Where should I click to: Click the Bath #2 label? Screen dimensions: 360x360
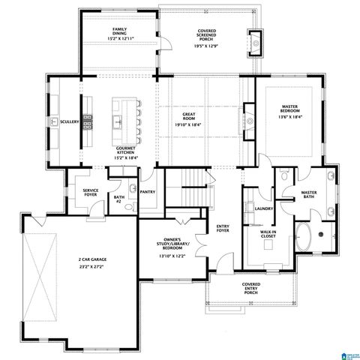pyautogui.click(x=118, y=199)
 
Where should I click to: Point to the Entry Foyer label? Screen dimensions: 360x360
pyautogui.click(x=223, y=228)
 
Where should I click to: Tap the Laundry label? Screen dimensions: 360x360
pyautogui.click(x=262, y=208)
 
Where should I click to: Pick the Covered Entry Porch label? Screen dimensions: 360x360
pyautogui.click(x=251, y=289)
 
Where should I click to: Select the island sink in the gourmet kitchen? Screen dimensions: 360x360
pyautogui.click(x=118, y=120)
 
